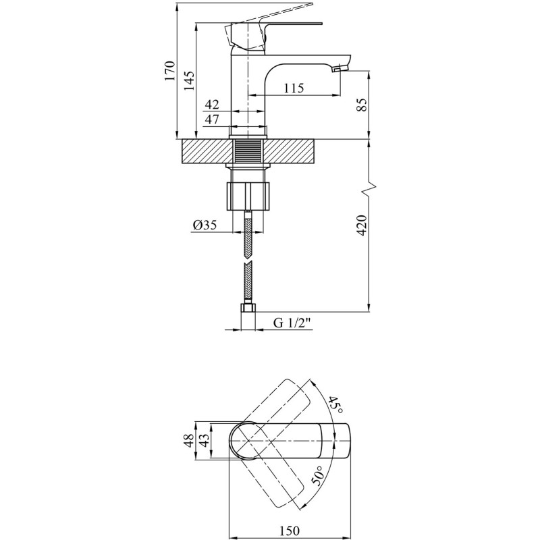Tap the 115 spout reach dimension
293,88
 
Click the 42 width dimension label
212,105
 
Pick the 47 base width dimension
212,119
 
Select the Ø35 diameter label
205,225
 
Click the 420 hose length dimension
362,225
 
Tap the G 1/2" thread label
291,323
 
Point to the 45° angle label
335,405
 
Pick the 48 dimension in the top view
188,441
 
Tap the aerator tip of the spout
341,67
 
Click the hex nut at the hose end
248,309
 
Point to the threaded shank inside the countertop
249,151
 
